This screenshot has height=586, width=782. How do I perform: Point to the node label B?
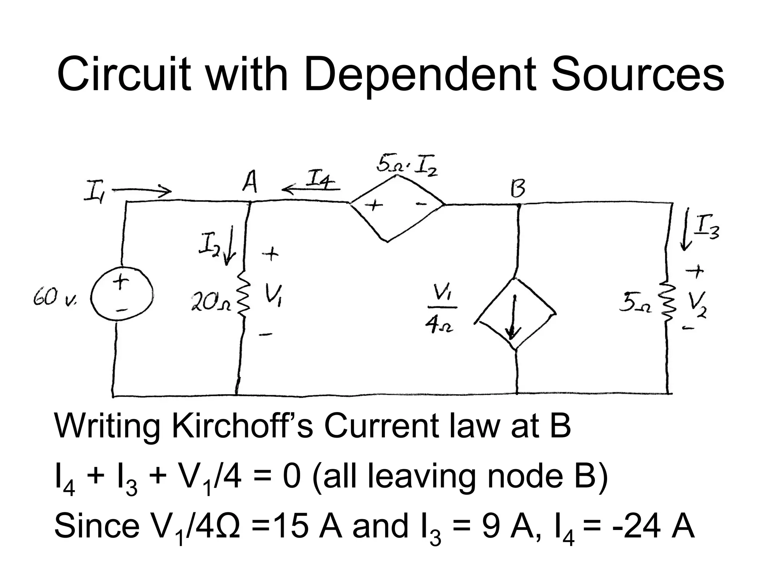(x=518, y=190)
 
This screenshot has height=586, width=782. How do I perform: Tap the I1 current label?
(x=93, y=195)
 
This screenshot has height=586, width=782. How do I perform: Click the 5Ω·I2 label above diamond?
(x=407, y=165)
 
